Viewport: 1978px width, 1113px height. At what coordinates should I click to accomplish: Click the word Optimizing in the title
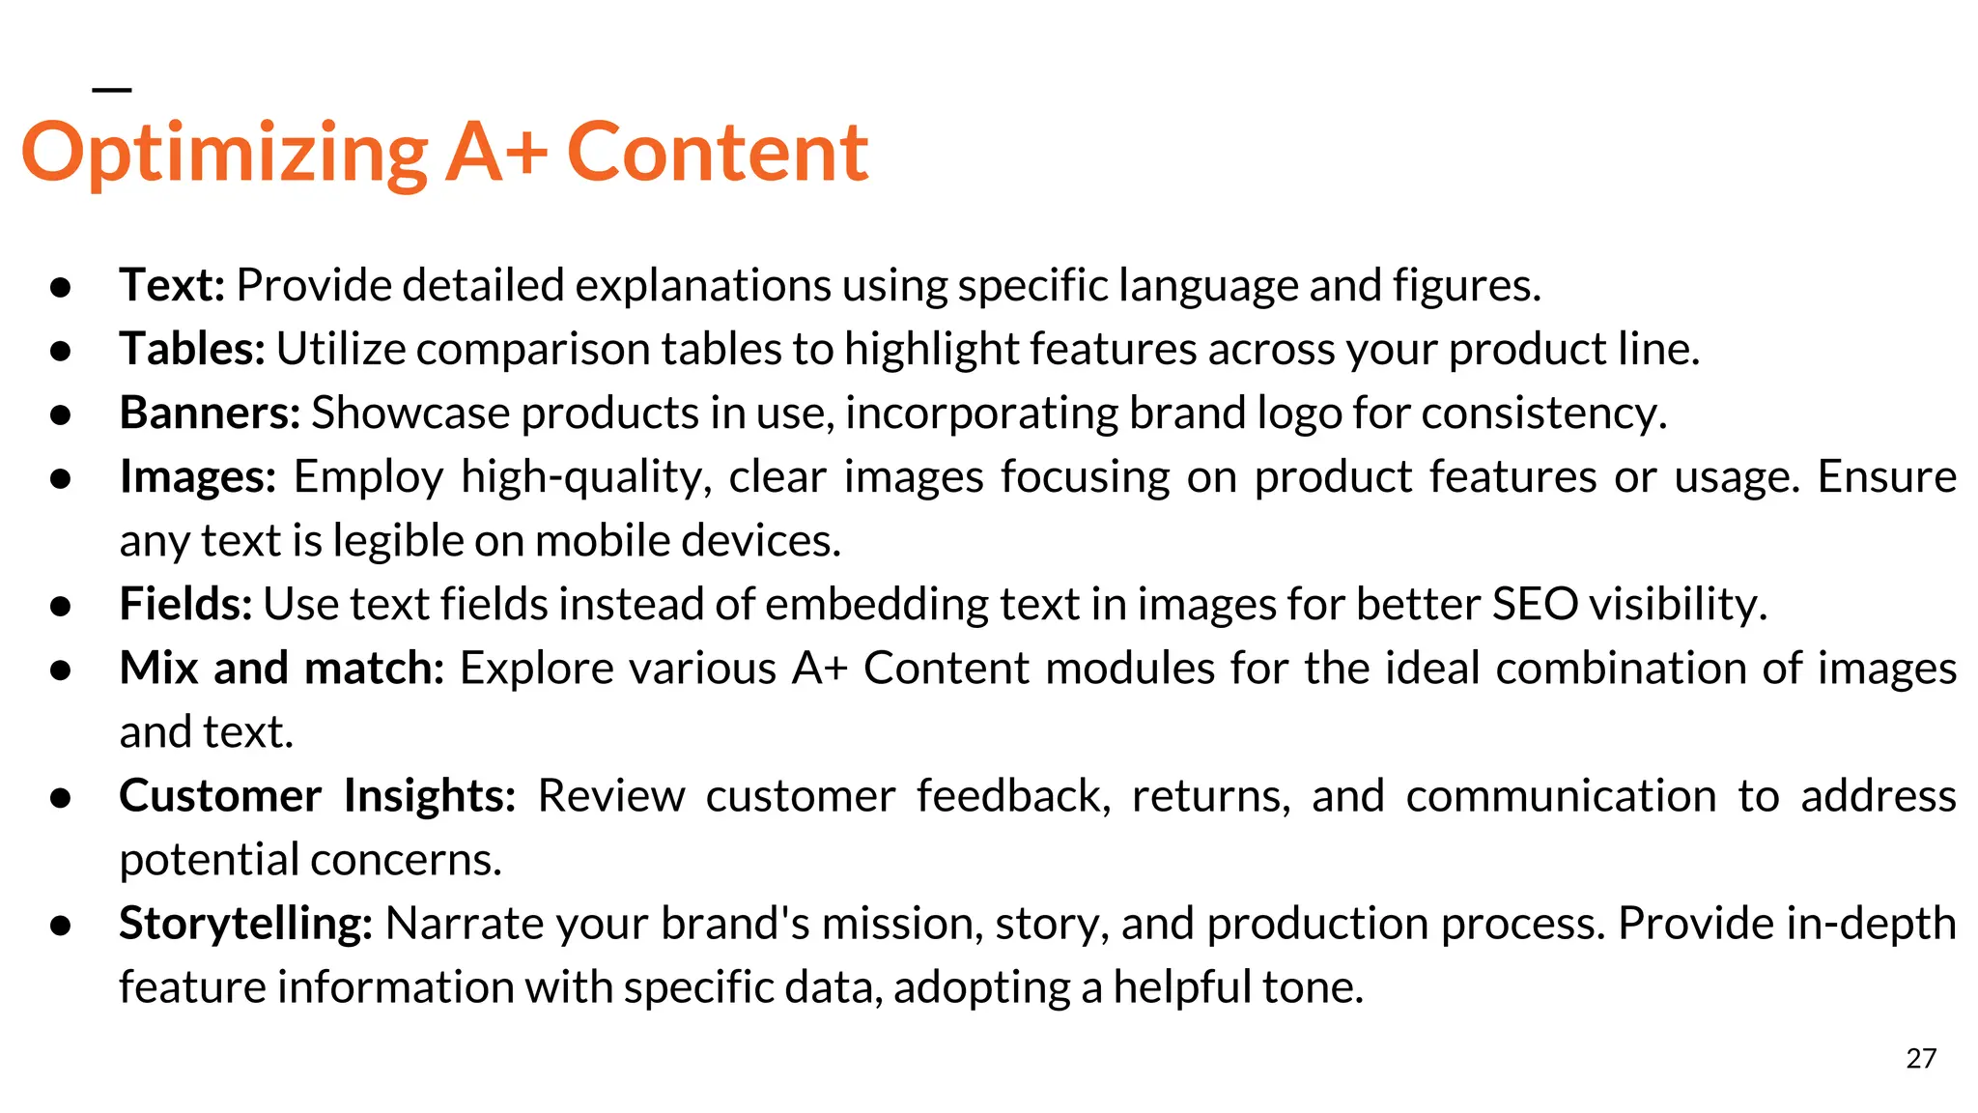(224, 155)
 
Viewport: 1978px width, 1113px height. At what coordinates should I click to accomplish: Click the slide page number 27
(1921, 1059)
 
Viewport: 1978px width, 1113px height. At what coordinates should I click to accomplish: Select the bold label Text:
(172, 285)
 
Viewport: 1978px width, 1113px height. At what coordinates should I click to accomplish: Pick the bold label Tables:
(192, 349)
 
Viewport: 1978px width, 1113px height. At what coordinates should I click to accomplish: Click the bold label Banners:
(210, 413)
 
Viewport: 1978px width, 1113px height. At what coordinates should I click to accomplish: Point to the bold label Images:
(198, 476)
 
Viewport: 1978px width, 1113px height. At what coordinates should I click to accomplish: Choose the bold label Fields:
(185, 604)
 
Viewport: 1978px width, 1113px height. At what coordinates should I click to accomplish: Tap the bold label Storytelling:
(245, 924)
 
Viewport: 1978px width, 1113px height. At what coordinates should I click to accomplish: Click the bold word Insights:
(430, 796)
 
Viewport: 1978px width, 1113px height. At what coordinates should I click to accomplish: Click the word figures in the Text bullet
(1465, 285)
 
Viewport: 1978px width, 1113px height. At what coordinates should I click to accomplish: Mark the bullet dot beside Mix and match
(61, 669)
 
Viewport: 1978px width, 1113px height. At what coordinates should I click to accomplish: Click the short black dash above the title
(111, 90)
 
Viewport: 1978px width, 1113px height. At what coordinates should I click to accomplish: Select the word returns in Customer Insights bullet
(1211, 796)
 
